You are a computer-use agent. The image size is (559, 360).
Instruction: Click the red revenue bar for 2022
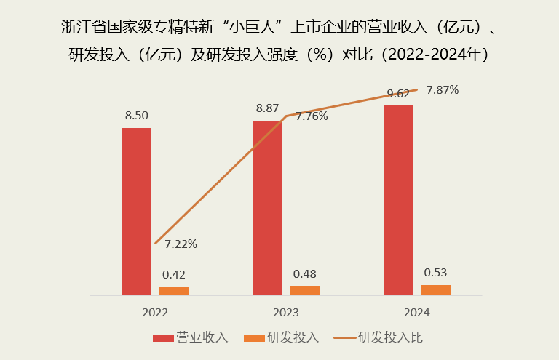[137, 211]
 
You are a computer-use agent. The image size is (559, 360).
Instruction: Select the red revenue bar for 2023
[267, 207]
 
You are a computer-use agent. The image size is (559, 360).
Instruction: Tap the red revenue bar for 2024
[398, 200]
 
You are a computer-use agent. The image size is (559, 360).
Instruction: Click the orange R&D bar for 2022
[174, 291]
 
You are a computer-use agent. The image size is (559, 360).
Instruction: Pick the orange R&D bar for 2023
[304, 290]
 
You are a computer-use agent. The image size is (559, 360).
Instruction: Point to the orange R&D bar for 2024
[435, 289]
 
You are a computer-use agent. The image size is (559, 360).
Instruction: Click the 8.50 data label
[137, 116]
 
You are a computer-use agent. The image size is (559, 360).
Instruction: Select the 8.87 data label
[267, 108]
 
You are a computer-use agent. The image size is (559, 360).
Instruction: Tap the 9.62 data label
[398, 93]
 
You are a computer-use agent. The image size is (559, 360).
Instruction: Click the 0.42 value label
[174, 275]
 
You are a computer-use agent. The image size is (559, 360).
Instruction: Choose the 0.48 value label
[304, 273]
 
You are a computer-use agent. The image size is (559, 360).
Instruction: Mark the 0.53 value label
[435, 273]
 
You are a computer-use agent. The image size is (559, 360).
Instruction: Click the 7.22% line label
[181, 244]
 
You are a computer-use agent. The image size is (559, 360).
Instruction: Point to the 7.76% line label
[312, 116]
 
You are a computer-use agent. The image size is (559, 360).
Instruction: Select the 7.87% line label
[443, 90]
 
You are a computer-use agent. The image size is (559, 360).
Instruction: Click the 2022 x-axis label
[155, 312]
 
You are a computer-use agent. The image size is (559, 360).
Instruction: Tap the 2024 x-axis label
[416, 312]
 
